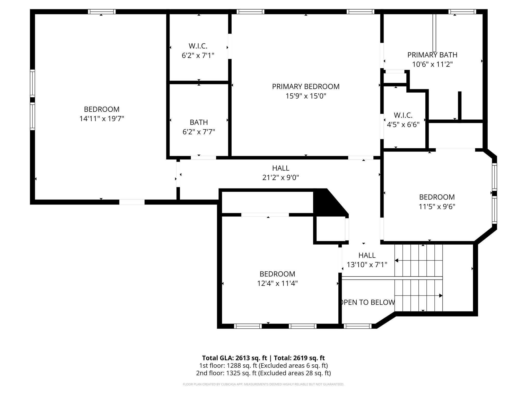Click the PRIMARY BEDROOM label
click(306, 87)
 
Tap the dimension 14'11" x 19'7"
click(102, 119)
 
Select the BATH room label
click(199, 122)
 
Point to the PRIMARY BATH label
click(432, 55)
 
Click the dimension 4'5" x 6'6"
click(403, 125)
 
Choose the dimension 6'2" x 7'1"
click(198, 56)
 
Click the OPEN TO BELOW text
click(367, 302)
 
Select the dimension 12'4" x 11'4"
click(277, 283)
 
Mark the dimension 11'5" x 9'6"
click(437, 207)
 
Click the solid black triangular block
click(327, 203)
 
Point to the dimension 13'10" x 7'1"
click(367, 265)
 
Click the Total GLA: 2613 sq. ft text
click(235, 358)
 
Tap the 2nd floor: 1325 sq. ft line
click(263, 373)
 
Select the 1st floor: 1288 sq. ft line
click(263, 365)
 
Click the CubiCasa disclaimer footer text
click(263, 384)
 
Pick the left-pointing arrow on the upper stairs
click(397, 261)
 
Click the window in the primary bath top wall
click(462, 12)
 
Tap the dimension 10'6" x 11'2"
click(432, 64)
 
